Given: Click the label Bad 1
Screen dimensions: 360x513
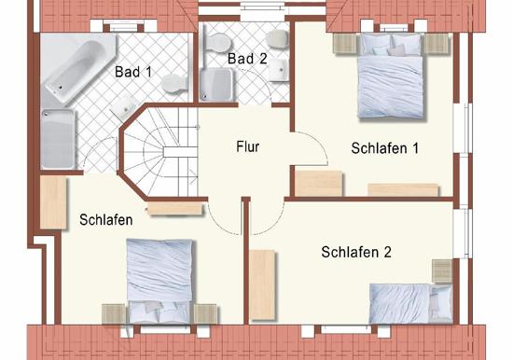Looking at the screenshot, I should coord(133,71).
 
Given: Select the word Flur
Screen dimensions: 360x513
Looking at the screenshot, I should coord(247,146).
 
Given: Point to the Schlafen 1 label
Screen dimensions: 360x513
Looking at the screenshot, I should coord(385,147).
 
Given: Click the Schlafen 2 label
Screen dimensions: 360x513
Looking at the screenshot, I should coord(355,252).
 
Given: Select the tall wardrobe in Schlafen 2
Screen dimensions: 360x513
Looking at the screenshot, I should coord(264,279).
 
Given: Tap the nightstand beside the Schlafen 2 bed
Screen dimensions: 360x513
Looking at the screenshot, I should coord(441,270).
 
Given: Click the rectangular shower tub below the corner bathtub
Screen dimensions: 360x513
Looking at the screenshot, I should coord(58,138).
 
